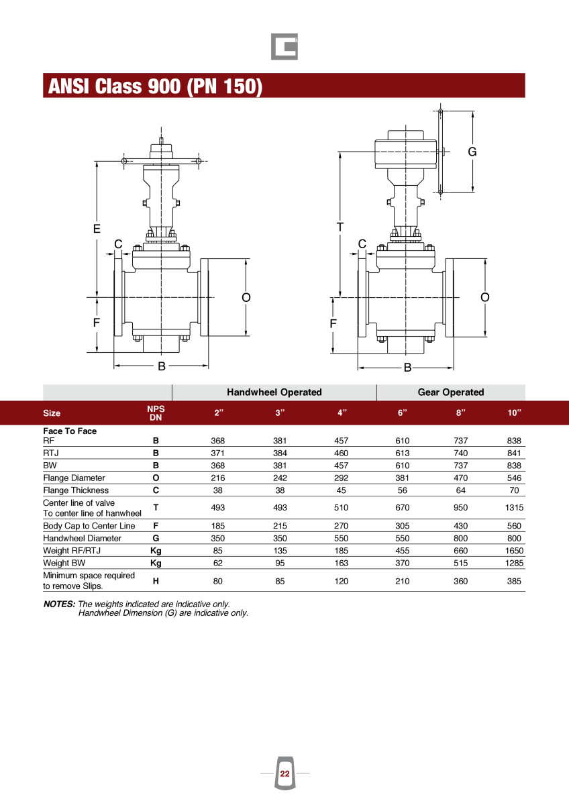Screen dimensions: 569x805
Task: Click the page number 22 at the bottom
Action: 284,773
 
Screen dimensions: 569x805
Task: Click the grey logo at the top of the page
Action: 284,47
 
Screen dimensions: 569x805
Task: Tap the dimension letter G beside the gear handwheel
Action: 472,152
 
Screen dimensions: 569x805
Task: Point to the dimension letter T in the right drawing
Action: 340,227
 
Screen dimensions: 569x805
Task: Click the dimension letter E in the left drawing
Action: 97,229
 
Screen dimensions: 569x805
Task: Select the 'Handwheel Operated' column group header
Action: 274,392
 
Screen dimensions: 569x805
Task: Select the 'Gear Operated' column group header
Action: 451,392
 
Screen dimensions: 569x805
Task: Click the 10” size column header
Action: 515,413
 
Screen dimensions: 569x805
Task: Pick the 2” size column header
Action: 219,413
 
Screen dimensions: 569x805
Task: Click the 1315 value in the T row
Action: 514,507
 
